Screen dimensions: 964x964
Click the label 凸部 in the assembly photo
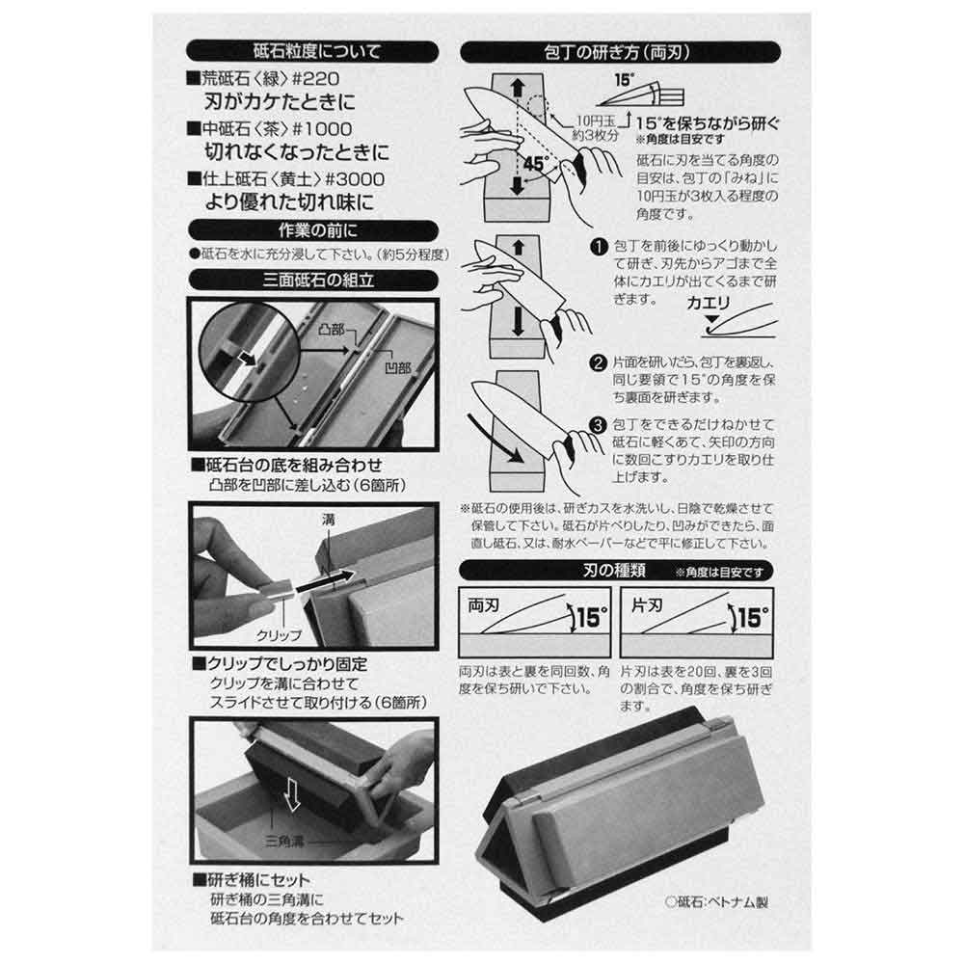(331, 330)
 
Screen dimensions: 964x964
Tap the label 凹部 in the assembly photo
(397, 368)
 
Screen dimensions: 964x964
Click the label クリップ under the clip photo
(279, 635)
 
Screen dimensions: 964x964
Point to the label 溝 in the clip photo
(329, 521)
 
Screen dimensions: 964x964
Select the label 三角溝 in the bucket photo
(284, 841)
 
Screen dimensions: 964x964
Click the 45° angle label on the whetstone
(534, 164)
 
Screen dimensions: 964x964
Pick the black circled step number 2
(598, 362)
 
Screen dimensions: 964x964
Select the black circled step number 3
(598, 425)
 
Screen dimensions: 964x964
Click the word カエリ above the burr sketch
(708, 303)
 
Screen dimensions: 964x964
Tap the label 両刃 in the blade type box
(483, 605)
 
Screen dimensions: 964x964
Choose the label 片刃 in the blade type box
(647, 605)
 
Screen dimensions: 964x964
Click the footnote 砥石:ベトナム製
(717, 902)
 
